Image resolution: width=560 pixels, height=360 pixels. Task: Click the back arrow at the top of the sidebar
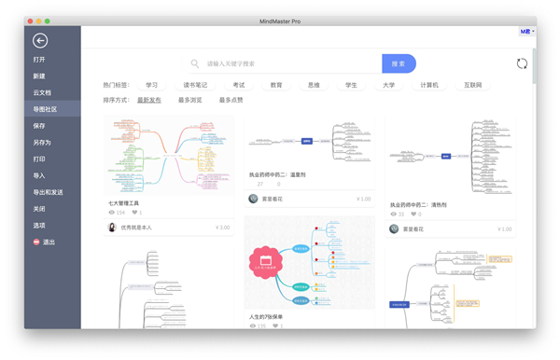tap(39, 40)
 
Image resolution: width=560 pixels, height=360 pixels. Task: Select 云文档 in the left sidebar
tap(42, 92)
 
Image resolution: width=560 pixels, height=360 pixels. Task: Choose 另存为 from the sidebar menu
tap(42, 142)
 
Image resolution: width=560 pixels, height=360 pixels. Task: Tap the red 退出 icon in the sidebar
tap(36, 242)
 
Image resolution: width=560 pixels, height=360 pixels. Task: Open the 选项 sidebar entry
tap(39, 226)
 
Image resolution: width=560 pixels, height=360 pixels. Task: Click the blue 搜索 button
tap(399, 63)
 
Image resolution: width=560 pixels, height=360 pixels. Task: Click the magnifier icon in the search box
tap(195, 63)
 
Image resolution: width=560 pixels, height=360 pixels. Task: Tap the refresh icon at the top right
tap(522, 63)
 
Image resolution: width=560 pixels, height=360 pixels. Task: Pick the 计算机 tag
tap(429, 85)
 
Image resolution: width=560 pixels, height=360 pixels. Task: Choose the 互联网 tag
tap(474, 85)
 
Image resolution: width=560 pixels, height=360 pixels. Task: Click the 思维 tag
tap(314, 85)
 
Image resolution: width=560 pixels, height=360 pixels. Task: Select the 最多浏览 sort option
tap(189, 100)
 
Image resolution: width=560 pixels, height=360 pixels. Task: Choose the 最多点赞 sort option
tap(231, 100)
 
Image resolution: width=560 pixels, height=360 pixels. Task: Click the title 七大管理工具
tap(123, 202)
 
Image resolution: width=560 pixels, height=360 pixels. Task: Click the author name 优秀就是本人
tap(136, 227)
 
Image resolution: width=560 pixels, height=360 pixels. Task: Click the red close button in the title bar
tap(30, 20)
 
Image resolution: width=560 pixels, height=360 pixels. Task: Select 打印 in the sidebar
tap(39, 159)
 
